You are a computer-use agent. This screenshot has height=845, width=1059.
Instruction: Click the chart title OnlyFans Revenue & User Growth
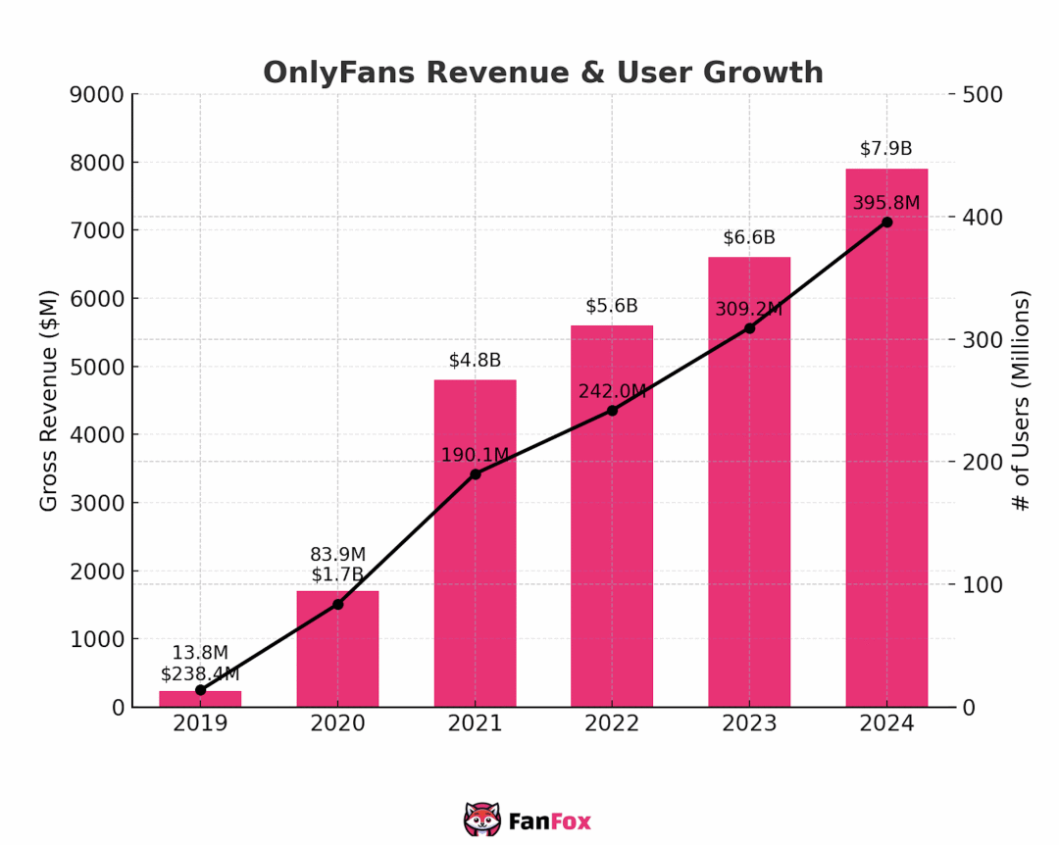tap(542, 74)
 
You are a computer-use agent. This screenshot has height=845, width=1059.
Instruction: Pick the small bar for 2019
tap(200, 699)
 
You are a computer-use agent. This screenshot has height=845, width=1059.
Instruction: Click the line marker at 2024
tap(886, 222)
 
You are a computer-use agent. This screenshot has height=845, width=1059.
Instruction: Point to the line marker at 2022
tap(612, 410)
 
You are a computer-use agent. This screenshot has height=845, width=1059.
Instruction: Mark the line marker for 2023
tap(749, 327)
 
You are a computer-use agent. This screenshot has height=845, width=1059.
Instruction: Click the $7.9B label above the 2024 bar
tap(885, 149)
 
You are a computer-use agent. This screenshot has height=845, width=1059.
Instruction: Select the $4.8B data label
tap(475, 360)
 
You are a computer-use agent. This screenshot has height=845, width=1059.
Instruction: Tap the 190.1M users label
tap(475, 455)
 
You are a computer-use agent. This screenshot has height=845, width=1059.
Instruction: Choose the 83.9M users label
tap(337, 555)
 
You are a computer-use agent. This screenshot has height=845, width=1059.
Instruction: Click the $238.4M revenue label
tap(200, 673)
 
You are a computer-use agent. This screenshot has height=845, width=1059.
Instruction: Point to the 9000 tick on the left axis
tap(97, 94)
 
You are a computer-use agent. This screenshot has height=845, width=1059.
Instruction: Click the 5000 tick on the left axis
tap(97, 367)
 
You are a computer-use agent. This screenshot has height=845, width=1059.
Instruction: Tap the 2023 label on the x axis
tap(749, 724)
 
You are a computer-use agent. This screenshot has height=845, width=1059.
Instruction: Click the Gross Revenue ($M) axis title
tap(49, 400)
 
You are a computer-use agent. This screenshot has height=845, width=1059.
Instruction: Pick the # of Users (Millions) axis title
tap(1021, 400)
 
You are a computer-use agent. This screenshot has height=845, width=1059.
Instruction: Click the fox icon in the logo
tap(481, 820)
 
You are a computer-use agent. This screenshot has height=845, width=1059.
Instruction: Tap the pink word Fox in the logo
tap(571, 821)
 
